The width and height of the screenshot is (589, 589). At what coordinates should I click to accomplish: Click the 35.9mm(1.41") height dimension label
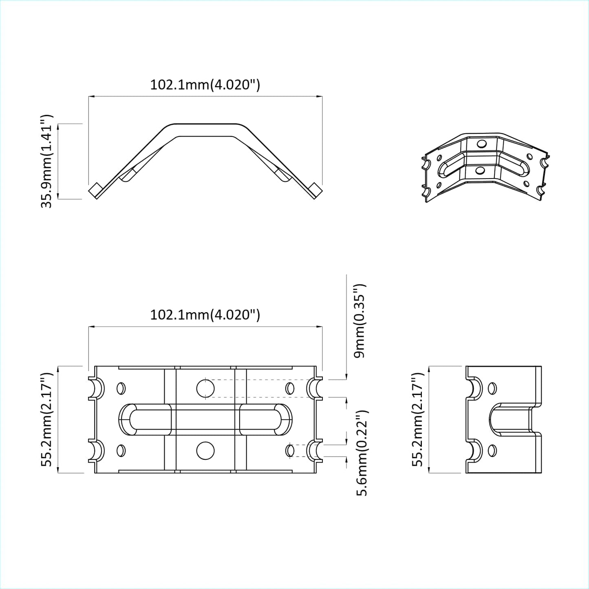pos(46,161)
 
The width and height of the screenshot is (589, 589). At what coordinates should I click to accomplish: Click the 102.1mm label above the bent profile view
pos(205,85)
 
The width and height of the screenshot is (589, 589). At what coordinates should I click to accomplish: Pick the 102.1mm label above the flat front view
pos(205,315)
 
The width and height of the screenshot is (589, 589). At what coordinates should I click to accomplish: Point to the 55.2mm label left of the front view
pos(46,419)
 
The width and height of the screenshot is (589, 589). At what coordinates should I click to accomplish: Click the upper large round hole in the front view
pos(205,388)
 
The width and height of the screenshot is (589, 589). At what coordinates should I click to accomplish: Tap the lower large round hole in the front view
pos(205,451)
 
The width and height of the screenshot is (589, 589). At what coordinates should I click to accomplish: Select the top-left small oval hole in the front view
pos(121,388)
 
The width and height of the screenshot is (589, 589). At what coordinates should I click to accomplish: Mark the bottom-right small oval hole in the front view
pos(290,450)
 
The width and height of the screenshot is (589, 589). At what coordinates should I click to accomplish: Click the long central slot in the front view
pos(205,419)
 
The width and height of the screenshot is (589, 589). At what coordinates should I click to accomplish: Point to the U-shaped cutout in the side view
pos(512,419)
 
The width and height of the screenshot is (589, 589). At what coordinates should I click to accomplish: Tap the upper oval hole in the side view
pos(492,388)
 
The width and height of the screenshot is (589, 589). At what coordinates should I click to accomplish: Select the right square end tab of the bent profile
pos(315,190)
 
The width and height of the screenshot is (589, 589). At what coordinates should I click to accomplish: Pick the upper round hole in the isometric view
pos(481,144)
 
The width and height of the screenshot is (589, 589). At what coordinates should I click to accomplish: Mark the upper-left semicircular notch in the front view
pos(96,388)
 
